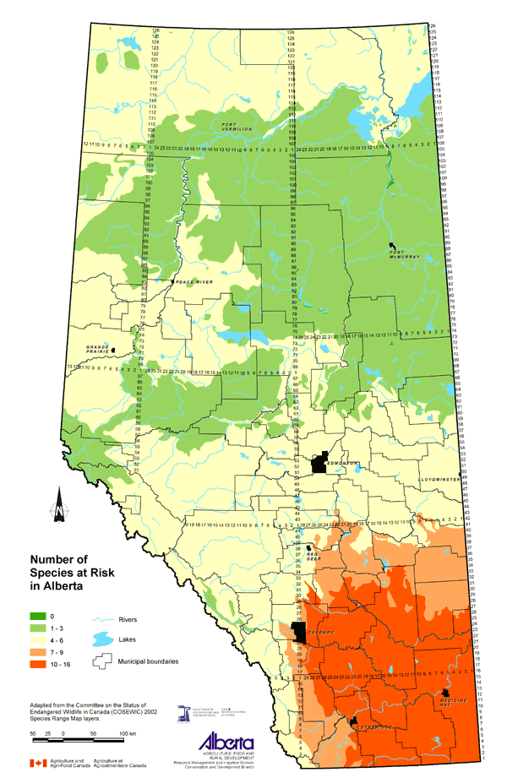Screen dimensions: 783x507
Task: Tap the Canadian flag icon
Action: pyautogui.click(x=37, y=764)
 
